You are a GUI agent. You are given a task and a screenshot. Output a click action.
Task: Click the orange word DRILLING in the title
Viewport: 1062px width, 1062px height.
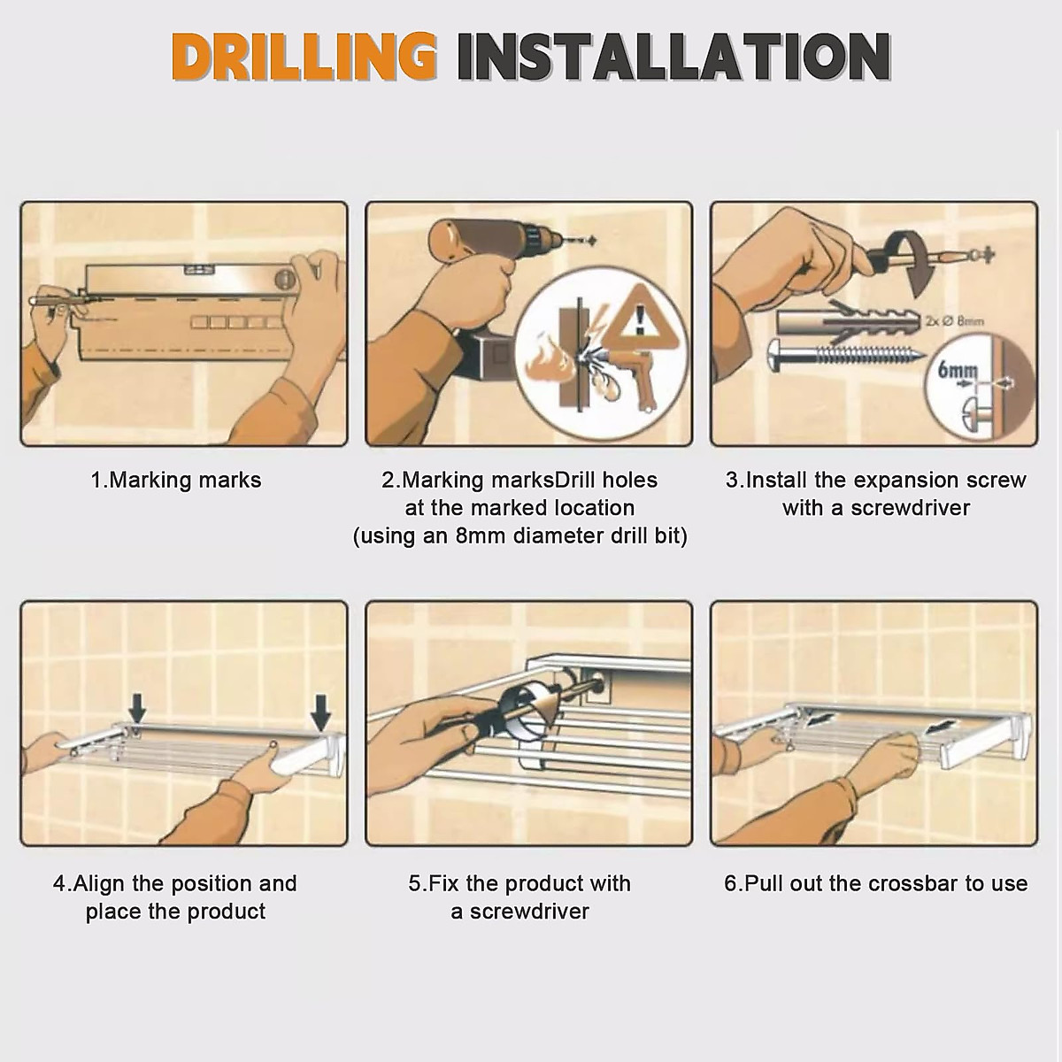[304, 58]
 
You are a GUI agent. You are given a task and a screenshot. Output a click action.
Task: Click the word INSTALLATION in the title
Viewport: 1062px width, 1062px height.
[674, 58]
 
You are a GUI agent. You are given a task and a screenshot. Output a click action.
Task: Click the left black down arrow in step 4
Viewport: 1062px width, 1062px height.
[137, 708]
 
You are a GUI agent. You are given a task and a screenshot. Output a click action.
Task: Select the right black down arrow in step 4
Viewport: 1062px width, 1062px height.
[320, 712]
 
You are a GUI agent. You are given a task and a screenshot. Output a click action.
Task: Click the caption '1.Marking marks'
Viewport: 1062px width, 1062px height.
[176, 480]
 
